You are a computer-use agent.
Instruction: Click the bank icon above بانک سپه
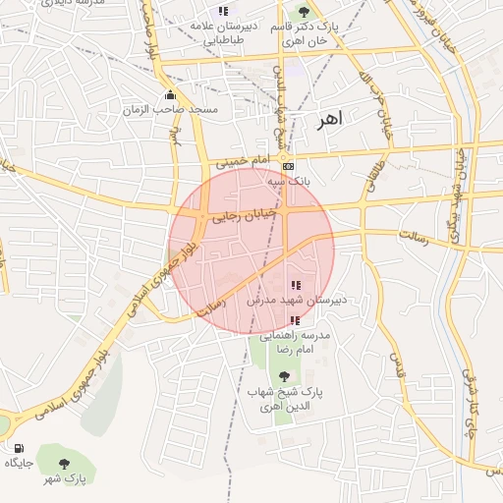tap(288, 166)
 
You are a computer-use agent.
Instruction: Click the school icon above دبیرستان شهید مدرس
tap(297, 284)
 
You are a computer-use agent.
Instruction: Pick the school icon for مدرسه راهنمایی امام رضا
tap(296, 320)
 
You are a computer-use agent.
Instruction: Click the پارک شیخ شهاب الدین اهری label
tap(285, 398)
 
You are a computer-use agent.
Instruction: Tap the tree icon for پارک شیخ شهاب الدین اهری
tap(285, 376)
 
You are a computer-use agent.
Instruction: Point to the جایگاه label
tap(20, 462)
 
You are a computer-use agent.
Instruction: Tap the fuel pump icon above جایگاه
tap(19, 448)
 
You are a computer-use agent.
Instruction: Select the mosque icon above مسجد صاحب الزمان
tap(172, 95)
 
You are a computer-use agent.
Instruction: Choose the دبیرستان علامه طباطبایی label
tap(224, 33)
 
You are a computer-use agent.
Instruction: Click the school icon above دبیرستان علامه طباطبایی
tap(224, 11)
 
